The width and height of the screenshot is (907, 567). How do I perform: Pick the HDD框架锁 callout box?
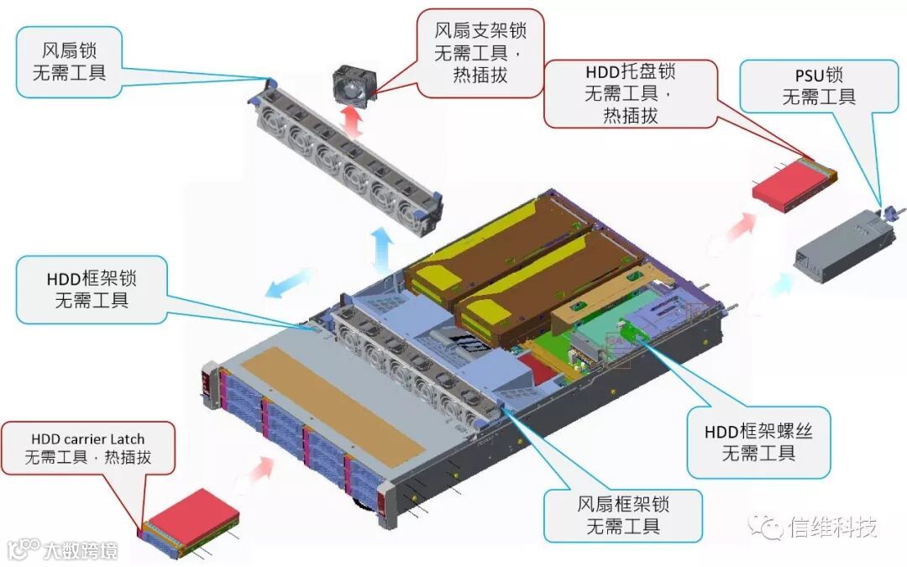92,289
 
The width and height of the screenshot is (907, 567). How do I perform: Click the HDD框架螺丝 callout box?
758,442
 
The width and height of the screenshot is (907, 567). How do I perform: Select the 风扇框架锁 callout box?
621,515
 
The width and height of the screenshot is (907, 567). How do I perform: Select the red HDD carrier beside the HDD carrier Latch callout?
191,523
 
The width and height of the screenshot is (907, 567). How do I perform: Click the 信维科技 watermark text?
831,528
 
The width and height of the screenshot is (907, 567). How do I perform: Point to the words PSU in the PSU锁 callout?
799,75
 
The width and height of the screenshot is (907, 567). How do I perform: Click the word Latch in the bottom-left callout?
124,438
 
